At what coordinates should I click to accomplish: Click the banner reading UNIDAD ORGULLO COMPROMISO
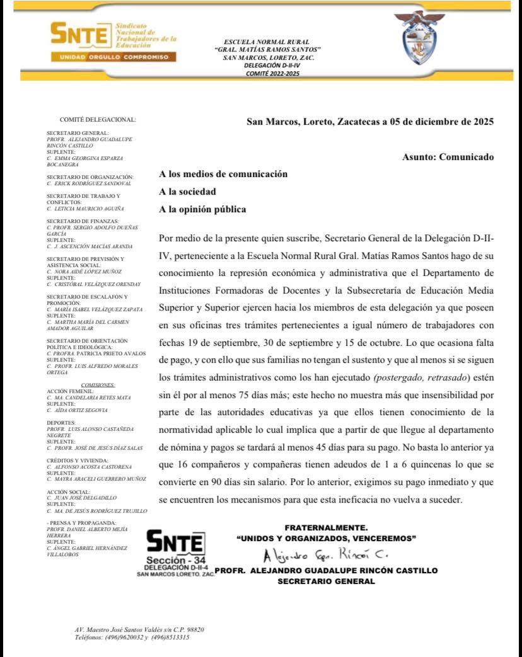point(113,57)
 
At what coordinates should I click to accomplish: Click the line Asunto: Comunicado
point(448,157)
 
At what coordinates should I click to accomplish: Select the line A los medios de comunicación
point(223,174)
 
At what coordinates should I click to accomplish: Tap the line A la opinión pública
point(202,209)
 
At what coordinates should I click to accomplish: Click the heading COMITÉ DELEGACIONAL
point(98,119)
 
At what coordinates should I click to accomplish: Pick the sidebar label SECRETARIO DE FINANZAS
point(83,221)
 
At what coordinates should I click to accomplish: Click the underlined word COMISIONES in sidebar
point(98,385)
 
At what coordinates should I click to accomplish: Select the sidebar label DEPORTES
point(61,423)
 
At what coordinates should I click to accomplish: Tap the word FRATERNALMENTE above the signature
point(326,527)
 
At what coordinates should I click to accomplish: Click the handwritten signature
point(325,555)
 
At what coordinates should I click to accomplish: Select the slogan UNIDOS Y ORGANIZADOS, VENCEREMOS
point(326,539)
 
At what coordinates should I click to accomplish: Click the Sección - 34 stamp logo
point(175,548)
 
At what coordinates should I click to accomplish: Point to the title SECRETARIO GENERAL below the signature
point(326,581)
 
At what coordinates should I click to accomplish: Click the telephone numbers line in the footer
point(132,637)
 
